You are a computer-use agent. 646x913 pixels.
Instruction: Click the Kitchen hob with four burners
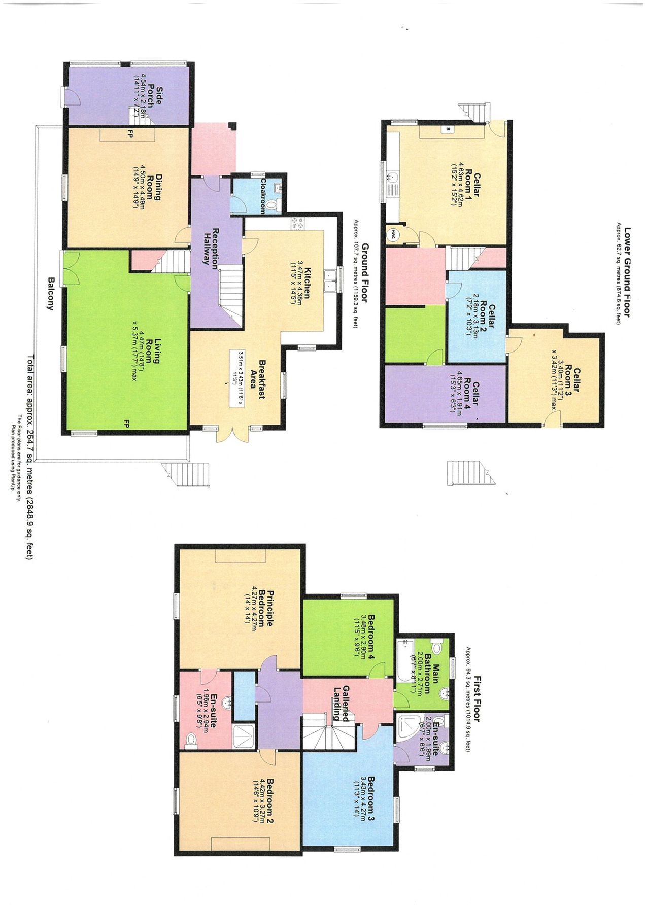(297, 224)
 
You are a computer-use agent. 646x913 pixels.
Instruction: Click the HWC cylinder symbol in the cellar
(393, 234)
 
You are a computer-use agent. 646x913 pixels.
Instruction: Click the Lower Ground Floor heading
(627, 272)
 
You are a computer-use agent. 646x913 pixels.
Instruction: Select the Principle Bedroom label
(266, 609)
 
